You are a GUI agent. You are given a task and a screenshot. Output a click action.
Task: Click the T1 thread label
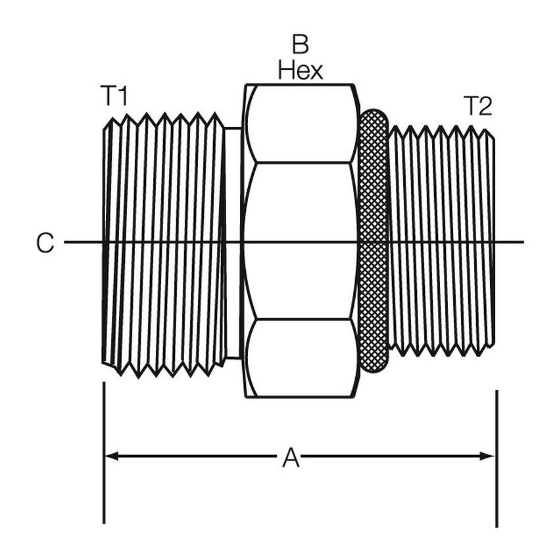[114, 95]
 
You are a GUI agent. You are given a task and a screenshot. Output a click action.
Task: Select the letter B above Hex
[300, 43]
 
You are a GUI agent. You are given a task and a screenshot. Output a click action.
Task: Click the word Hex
[300, 70]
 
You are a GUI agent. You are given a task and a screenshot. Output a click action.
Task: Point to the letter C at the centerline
[45, 243]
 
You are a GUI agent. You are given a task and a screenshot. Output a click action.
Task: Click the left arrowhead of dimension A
[111, 456]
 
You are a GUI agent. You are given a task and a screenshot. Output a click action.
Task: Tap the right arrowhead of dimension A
[487, 456]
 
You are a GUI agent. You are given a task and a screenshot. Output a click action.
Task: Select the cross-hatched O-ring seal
[373, 241]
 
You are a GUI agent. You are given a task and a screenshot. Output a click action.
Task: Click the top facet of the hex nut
[301, 124]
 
